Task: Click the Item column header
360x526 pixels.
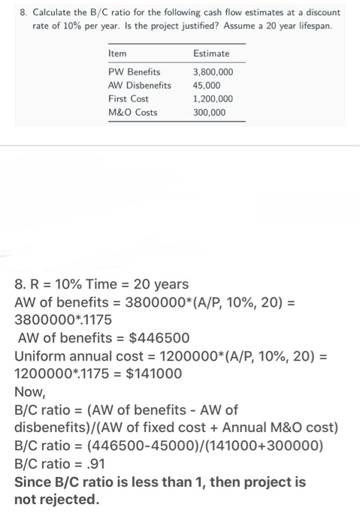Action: [x=117, y=54]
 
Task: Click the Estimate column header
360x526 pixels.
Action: [x=211, y=54]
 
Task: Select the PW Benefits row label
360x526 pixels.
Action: [x=135, y=72]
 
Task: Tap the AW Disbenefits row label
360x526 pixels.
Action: [x=140, y=86]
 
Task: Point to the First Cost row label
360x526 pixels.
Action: [x=129, y=99]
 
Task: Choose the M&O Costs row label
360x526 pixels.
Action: [x=132, y=113]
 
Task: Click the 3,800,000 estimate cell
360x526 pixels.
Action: [x=213, y=72]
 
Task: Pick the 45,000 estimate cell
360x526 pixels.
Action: [x=207, y=86]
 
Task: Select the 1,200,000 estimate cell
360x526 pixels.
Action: [x=213, y=99]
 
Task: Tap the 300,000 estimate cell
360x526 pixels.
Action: [x=210, y=113]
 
